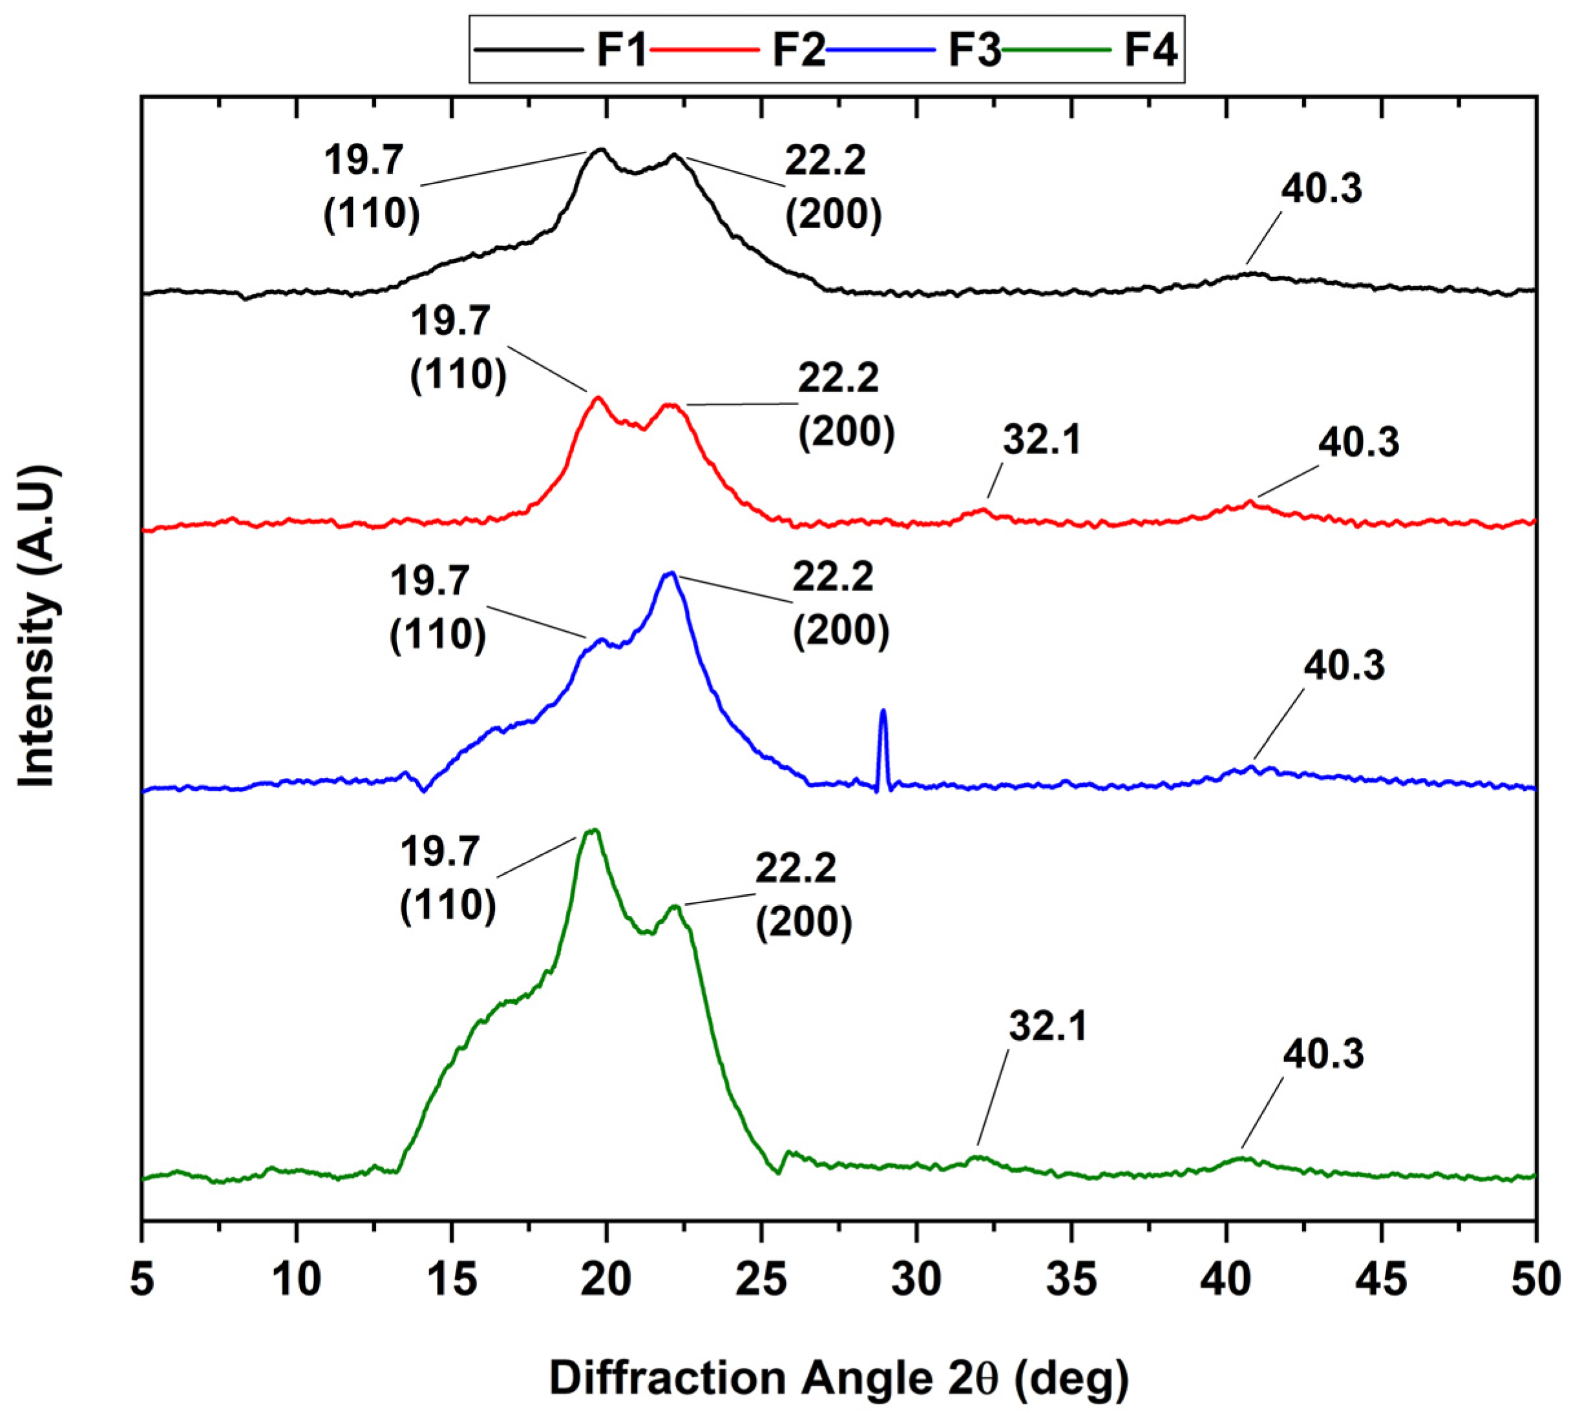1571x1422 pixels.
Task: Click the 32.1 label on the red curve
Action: click(1042, 440)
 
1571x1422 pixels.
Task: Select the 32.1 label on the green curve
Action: click(1048, 1027)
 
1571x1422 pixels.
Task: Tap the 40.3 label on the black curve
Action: click(1322, 189)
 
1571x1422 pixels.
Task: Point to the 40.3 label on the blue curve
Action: click(1344, 666)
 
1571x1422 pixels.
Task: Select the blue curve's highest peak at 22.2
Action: click(670, 574)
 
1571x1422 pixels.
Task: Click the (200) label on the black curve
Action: click(833, 214)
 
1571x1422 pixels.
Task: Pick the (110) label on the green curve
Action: click(447, 905)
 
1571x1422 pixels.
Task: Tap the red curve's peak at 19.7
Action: click(598, 398)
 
